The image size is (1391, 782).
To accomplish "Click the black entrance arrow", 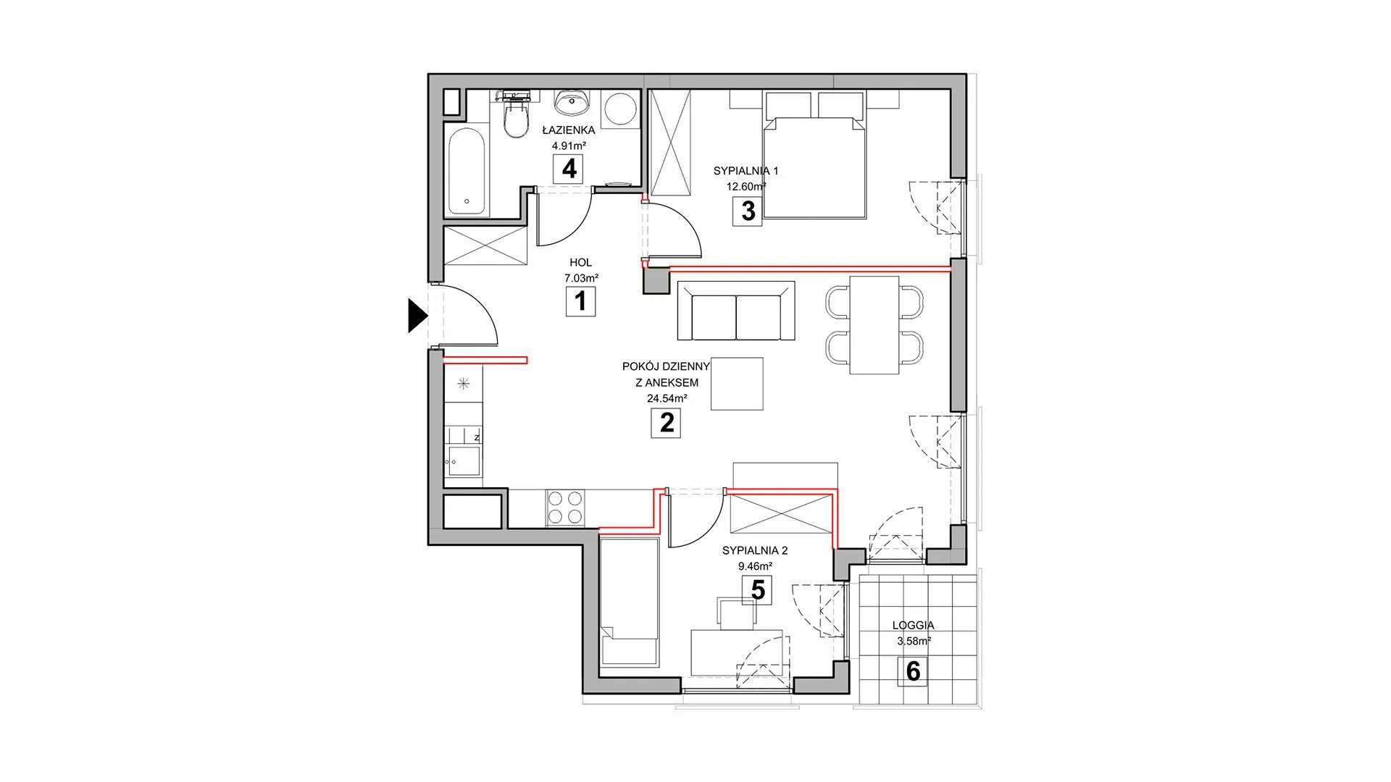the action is (x=417, y=316).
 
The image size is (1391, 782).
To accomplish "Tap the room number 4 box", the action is (x=569, y=169).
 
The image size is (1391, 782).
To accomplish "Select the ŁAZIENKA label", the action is (x=569, y=130).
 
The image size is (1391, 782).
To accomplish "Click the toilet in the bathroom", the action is (x=516, y=119).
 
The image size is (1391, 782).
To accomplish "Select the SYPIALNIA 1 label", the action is (x=745, y=171).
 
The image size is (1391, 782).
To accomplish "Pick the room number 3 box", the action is (x=748, y=211).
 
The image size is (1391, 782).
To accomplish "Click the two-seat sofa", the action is (x=736, y=311).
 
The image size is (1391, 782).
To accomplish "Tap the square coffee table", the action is (x=738, y=384).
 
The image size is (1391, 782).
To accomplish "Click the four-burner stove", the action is (x=565, y=507).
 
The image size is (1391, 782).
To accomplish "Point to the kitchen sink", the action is (x=463, y=461).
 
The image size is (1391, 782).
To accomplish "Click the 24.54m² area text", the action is (x=667, y=398).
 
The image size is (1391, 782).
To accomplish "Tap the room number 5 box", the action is (x=758, y=590).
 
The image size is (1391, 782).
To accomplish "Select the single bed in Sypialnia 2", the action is (x=630, y=601).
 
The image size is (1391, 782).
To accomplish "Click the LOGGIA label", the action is (x=913, y=625).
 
